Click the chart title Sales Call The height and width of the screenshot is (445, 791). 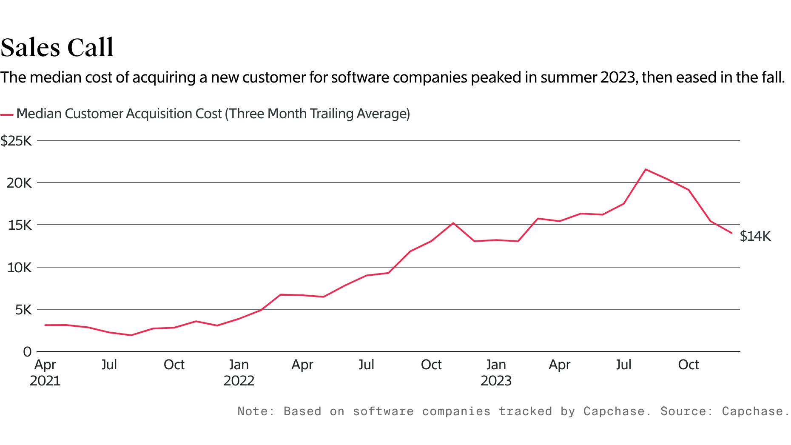(x=57, y=47)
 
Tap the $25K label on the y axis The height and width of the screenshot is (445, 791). (x=16, y=141)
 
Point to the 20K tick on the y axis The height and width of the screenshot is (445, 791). (x=19, y=183)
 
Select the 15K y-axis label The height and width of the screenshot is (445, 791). (x=20, y=225)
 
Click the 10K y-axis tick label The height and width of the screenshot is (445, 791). (x=19, y=268)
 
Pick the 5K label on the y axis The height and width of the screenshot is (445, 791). (x=23, y=310)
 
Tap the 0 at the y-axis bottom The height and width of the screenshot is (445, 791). (x=27, y=352)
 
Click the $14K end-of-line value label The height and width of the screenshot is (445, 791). (x=755, y=236)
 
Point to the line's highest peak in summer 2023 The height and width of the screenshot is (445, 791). (x=646, y=169)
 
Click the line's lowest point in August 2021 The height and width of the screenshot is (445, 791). (x=131, y=335)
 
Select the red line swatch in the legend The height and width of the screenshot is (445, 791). (x=7, y=115)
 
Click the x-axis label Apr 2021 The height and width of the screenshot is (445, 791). (x=45, y=372)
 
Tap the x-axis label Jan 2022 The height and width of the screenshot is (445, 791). (x=239, y=372)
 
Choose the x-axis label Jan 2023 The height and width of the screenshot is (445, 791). (x=496, y=372)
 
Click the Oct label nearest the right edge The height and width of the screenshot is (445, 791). (x=688, y=365)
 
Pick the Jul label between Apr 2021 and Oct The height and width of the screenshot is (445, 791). (x=109, y=365)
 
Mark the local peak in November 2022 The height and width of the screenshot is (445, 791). (x=453, y=223)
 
